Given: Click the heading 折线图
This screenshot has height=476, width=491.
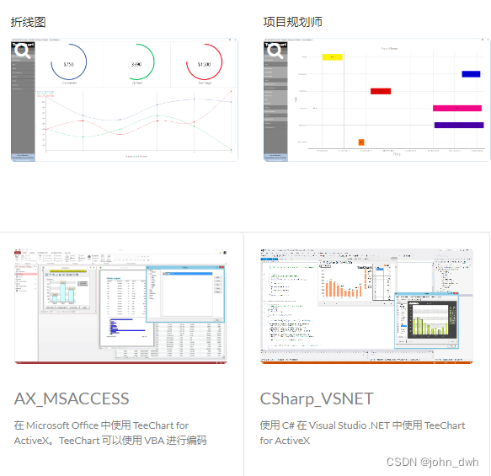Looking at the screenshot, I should pyautogui.click(x=28, y=22).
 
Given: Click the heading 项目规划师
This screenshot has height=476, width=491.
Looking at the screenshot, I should pyautogui.click(x=292, y=22).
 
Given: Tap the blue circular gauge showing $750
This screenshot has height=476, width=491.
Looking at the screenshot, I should pyautogui.click(x=68, y=64).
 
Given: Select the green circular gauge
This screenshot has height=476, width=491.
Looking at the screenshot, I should pyautogui.click(x=136, y=64).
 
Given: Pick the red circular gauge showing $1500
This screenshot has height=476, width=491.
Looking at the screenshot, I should pyautogui.click(x=204, y=64).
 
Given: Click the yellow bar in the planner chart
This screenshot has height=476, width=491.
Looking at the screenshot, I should pyautogui.click(x=332, y=57).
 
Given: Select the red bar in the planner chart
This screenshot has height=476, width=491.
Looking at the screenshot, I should pyautogui.click(x=381, y=91).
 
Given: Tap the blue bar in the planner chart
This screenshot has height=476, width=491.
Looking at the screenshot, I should pyautogui.click(x=471, y=74).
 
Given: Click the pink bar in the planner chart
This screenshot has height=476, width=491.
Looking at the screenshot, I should pyautogui.click(x=457, y=108).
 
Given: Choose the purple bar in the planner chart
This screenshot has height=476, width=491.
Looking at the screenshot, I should pyautogui.click(x=459, y=125).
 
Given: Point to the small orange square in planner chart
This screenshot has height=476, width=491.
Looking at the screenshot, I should pyautogui.click(x=361, y=142).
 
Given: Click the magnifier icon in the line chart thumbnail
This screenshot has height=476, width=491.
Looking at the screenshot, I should pyautogui.click(x=23, y=51).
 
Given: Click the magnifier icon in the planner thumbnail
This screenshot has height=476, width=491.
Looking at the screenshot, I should pyautogui.click(x=275, y=51).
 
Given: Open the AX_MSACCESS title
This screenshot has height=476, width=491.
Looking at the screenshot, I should pyautogui.click(x=72, y=398).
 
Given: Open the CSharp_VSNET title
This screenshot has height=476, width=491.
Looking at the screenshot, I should pyautogui.click(x=317, y=398).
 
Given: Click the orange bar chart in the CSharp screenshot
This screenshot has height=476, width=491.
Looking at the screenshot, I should pyautogui.click(x=346, y=287).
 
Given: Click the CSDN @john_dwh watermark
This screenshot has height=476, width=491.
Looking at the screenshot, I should pyautogui.click(x=432, y=462).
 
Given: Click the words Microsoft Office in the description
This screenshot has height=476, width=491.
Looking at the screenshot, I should pyautogui.click(x=64, y=425).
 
